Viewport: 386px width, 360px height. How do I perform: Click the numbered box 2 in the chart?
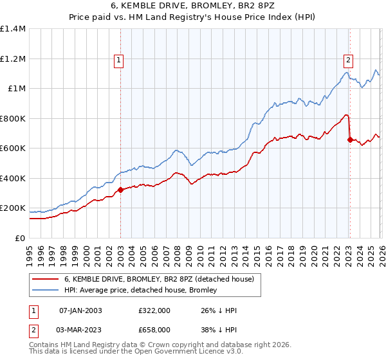[348, 60]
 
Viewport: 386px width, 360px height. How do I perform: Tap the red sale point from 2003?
[120, 190]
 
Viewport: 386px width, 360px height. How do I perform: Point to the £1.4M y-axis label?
[13, 29]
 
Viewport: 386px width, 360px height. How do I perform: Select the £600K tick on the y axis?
[13, 148]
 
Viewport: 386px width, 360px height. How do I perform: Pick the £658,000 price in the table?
[154, 330]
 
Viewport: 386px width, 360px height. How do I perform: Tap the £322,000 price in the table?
[154, 310]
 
